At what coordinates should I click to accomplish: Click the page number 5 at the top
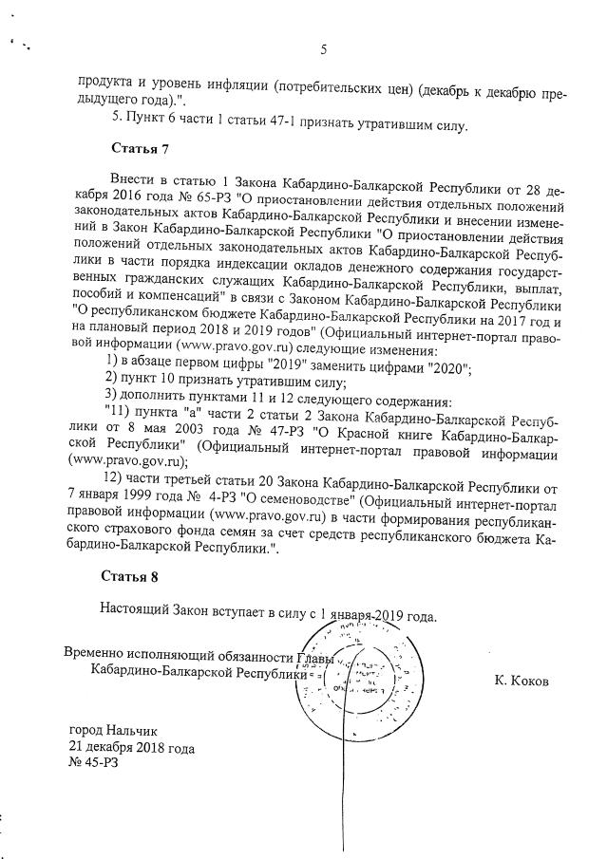pyautogui.click(x=324, y=50)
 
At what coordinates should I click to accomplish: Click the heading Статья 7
pyautogui.click(x=140, y=149)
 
